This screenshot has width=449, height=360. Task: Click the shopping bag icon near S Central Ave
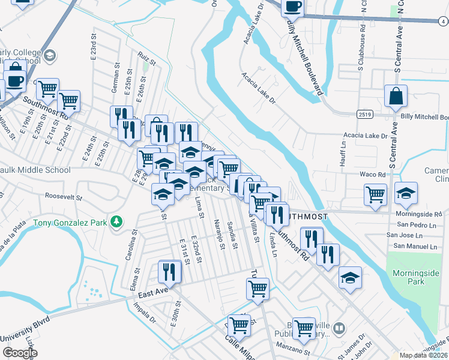click(x=396, y=95)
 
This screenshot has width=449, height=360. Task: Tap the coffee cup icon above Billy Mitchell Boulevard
click(x=292, y=7)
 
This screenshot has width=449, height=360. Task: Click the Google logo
click(x=19, y=353)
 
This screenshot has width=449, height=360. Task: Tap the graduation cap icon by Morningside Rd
click(x=406, y=193)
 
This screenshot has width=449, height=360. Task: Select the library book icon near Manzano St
click(x=339, y=328)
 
